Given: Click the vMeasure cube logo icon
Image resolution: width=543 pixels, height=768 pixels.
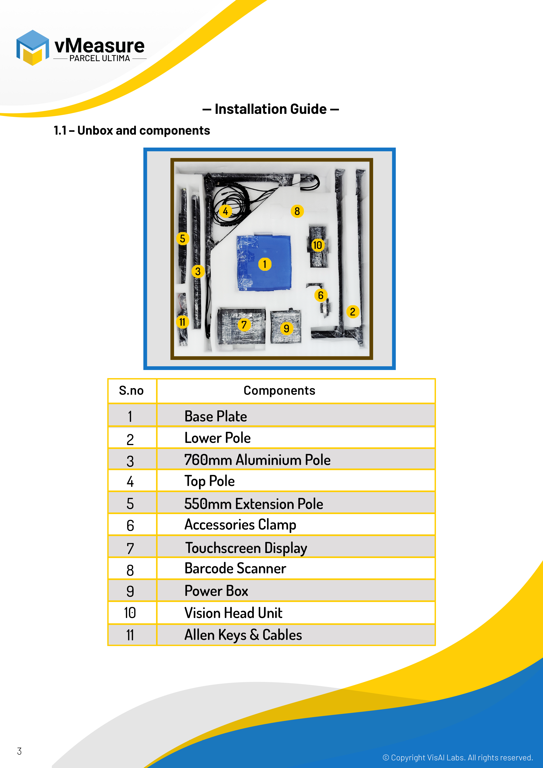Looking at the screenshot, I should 32,48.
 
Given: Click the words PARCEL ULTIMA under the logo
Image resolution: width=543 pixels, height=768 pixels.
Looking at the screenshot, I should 100,58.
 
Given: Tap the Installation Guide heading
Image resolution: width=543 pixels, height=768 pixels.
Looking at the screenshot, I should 271,109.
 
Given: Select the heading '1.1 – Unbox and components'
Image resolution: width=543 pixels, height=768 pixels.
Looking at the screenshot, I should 132,130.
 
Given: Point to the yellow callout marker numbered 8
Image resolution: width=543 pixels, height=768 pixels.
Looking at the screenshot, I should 297,211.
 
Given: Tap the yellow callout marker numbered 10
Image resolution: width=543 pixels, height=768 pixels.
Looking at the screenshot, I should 317,245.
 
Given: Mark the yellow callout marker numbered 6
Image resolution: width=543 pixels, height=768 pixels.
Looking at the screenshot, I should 321,295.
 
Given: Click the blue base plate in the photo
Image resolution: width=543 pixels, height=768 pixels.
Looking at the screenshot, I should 254,278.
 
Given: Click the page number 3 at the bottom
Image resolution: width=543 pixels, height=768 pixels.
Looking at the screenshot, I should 19,751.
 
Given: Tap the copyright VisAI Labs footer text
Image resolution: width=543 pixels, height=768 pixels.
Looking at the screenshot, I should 457,758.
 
